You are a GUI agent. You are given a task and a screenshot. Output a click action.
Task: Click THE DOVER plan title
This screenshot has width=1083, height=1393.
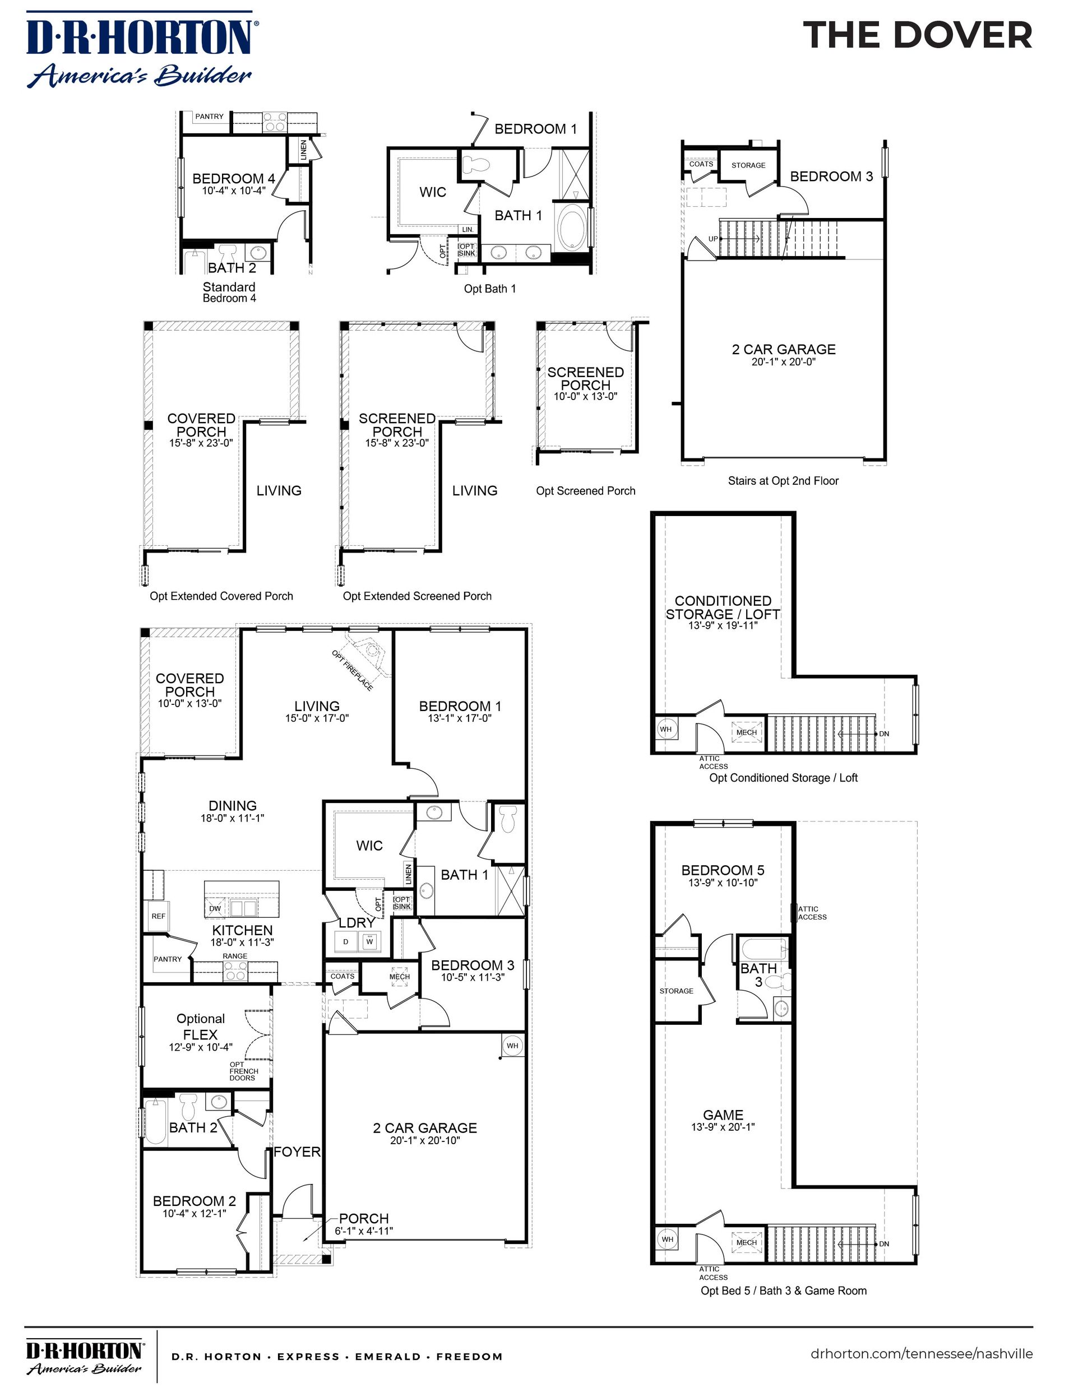coord(917,36)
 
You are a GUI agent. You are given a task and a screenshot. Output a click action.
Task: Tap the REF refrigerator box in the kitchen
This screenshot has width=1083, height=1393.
coord(158,916)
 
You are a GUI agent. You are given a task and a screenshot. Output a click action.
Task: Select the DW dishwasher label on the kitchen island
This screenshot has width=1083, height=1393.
coord(215,908)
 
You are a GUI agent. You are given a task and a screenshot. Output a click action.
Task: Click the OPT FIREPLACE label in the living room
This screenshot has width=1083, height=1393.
coord(352,670)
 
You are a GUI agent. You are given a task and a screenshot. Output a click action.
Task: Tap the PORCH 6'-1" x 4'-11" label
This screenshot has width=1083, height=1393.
coord(364,1224)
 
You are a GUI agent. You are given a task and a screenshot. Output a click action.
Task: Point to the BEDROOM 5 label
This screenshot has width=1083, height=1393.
coord(723,871)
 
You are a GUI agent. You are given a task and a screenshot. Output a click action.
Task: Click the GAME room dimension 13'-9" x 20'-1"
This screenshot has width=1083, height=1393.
coord(723,1127)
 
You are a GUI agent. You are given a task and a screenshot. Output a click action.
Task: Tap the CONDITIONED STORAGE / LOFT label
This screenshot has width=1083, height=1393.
coord(723,608)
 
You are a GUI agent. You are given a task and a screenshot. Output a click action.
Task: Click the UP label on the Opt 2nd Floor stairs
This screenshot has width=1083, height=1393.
coord(713,239)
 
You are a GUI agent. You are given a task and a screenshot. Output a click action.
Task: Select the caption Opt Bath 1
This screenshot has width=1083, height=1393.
coord(489,289)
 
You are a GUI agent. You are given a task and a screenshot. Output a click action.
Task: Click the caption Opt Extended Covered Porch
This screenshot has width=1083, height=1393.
coord(221,596)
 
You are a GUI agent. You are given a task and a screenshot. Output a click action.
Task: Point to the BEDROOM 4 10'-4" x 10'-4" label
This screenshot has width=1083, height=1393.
coord(234,184)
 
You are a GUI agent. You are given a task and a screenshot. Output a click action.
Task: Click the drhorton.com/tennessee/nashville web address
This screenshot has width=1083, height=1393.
coord(922,1353)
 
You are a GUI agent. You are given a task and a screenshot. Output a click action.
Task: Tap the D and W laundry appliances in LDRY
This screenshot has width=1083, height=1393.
coord(358,941)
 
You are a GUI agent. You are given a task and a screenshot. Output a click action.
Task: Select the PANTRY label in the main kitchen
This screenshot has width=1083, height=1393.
coord(167,959)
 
